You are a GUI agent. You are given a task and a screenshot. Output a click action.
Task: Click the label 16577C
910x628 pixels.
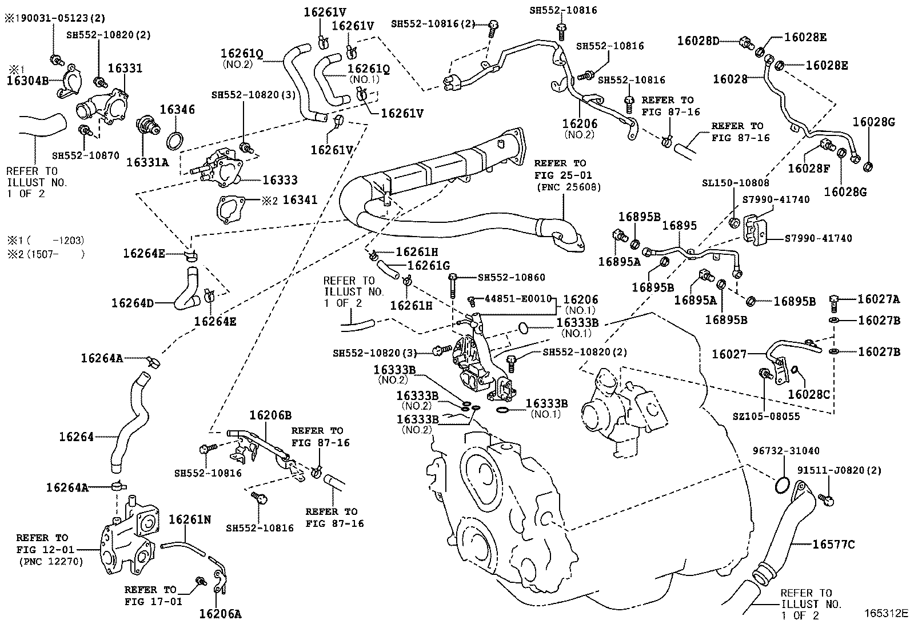click(x=833, y=545)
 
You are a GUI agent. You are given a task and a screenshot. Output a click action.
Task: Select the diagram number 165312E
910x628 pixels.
click(x=885, y=614)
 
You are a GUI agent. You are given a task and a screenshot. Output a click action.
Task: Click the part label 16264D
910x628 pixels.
click(x=133, y=303)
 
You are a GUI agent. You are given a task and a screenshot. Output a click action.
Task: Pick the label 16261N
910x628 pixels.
click(x=190, y=519)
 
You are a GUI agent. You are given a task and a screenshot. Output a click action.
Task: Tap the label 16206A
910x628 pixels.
click(x=220, y=614)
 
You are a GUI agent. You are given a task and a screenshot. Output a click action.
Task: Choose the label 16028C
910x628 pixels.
click(x=808, y=394)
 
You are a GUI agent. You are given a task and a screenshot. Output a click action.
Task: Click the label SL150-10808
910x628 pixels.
click(x=735, y=183)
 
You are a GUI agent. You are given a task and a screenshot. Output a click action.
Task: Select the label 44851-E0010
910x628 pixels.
click(x=518, y=299)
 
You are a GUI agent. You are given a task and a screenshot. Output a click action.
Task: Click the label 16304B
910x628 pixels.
click(x=27, y=81)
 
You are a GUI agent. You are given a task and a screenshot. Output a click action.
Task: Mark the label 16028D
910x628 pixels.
click(x=698, y=41)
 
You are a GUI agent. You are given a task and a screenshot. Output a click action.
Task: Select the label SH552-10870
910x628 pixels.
click(x=85, y=155)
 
